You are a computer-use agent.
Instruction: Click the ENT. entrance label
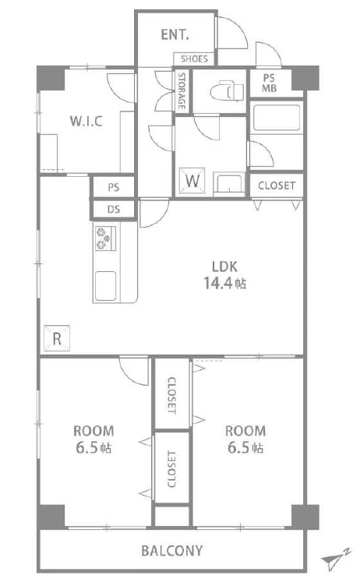(175, 35)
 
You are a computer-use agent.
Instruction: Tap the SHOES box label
(194, 58)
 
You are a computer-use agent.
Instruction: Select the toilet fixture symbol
(227, 91)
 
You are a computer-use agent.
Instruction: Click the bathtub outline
(277, 118)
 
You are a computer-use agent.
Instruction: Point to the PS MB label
(269, 83)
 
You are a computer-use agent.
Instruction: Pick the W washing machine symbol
(192, 181)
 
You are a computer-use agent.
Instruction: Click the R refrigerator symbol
(57, 338)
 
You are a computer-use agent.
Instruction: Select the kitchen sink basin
(105, 285)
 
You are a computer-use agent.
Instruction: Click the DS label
(114, 210)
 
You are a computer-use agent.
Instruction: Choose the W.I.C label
(86, 121)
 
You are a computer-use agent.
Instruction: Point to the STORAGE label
(182, 91)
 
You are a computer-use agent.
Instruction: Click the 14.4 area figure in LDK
(218, 283)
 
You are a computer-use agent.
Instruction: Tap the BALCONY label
(172, 551)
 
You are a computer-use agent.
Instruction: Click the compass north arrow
(335, 559)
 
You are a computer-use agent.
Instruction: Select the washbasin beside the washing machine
(229, 184)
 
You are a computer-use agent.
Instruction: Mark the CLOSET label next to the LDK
(277, 185)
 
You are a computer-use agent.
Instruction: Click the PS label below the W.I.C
(114, 188)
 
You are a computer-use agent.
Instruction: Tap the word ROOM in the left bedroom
(94, 431)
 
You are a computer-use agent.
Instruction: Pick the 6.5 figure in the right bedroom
(238, 447)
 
